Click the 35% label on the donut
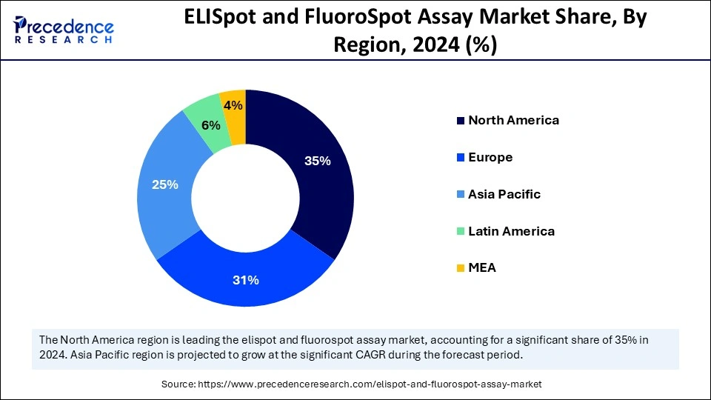click(x=317, y=161)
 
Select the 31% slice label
click(x=246, y=280)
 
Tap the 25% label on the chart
click(x=164, y=184)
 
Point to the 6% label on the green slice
click(x=211, y=126)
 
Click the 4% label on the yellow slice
click(x=233, y=106)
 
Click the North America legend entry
click(x=513, y=120)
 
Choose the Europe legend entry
click(x=490, y=157)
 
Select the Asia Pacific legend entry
click(x=504, y=194)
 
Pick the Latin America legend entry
click(x=511, y=231)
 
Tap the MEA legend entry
click(x=482, y=267)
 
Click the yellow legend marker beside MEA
click(x=461, y=268)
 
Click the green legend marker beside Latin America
click(x=461, y=231)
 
